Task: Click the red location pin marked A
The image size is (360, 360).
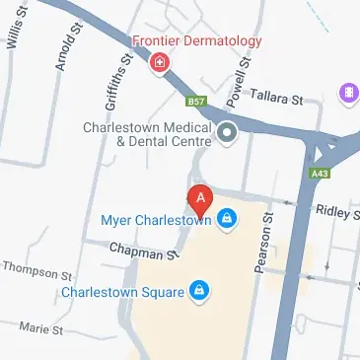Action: [200, 198]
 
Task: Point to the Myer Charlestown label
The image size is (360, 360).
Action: [158, 219]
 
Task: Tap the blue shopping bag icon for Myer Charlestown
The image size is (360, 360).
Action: [228, 217]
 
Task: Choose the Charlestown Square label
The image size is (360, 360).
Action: [123, 291]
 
